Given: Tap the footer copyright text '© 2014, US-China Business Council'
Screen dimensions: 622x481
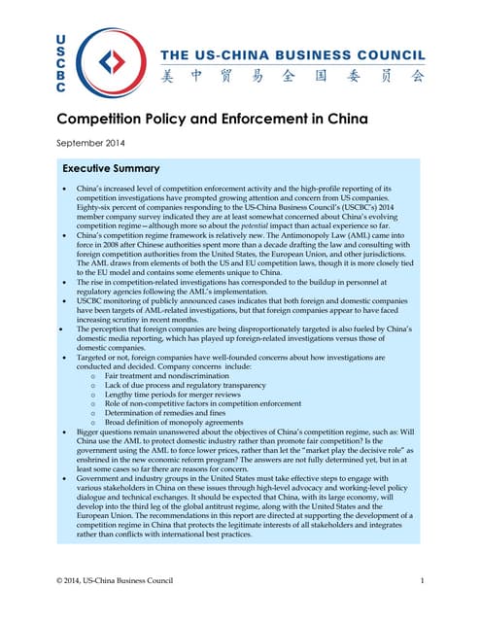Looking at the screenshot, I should [117, 580].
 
